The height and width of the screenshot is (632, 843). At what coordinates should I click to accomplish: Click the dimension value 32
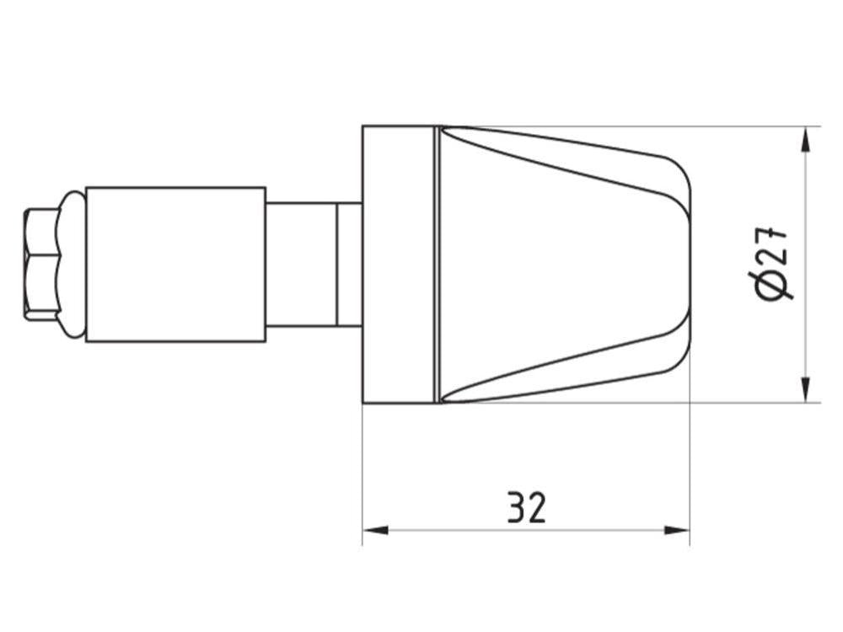pos(527,506)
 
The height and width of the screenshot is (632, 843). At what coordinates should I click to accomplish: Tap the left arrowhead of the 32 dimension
pos(375,530)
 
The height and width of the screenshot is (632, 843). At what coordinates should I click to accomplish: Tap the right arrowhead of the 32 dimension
pos(677,530)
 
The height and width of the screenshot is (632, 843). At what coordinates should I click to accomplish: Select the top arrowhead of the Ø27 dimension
pos(805,140)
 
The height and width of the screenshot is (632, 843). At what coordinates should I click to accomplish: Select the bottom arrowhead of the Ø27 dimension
pos(805,389)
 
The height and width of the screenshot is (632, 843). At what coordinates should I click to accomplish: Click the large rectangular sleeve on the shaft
pos(176,265)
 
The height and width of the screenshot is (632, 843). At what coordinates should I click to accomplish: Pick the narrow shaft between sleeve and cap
pos(314,265)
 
